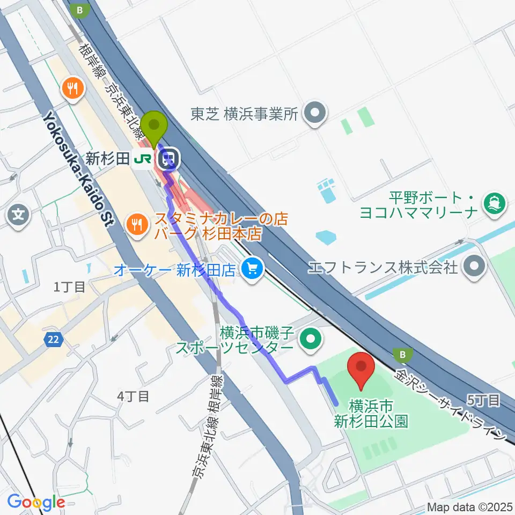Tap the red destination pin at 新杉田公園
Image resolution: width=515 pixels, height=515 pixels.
coord(362,369)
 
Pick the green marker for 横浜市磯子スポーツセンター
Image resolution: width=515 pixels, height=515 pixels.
coord(311,339)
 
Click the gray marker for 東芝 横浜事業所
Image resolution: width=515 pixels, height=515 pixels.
coord(315,113)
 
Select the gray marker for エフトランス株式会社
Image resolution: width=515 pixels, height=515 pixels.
coord(474,266)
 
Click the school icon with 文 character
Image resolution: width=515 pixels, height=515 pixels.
coord(18,216)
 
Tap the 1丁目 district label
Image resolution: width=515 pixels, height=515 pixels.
coord(70,287)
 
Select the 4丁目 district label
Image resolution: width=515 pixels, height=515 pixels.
coord(133,396)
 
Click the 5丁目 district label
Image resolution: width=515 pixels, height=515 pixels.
coord(484,399)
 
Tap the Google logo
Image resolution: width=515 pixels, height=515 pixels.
coord(36,502)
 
